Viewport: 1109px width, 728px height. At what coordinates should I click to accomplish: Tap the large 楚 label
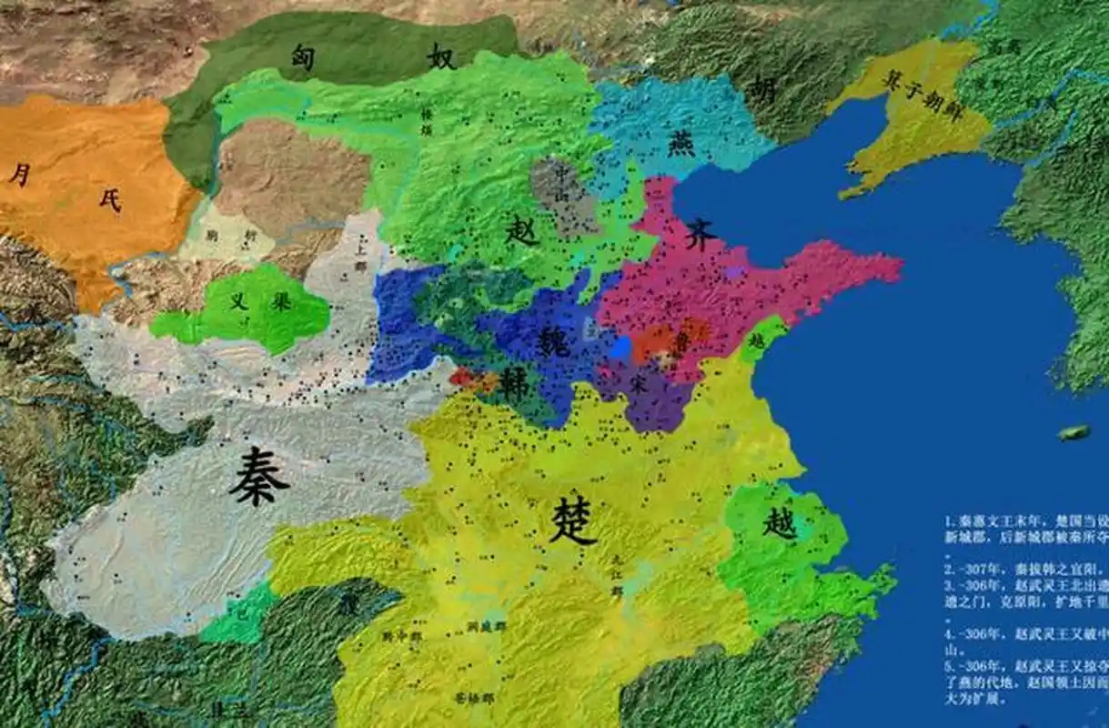click(x=572, y=522)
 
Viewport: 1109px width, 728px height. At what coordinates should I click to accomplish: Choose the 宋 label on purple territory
click(x=640, y=384)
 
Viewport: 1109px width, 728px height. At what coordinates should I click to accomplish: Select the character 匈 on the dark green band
click(x=303, y=56)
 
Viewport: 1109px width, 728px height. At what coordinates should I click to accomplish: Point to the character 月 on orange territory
click(x=19, y=173)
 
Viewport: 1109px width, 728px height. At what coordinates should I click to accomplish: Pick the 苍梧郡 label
click(x=473, y=696)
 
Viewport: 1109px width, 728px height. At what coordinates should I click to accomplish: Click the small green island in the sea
click(x=1074, y=432)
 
